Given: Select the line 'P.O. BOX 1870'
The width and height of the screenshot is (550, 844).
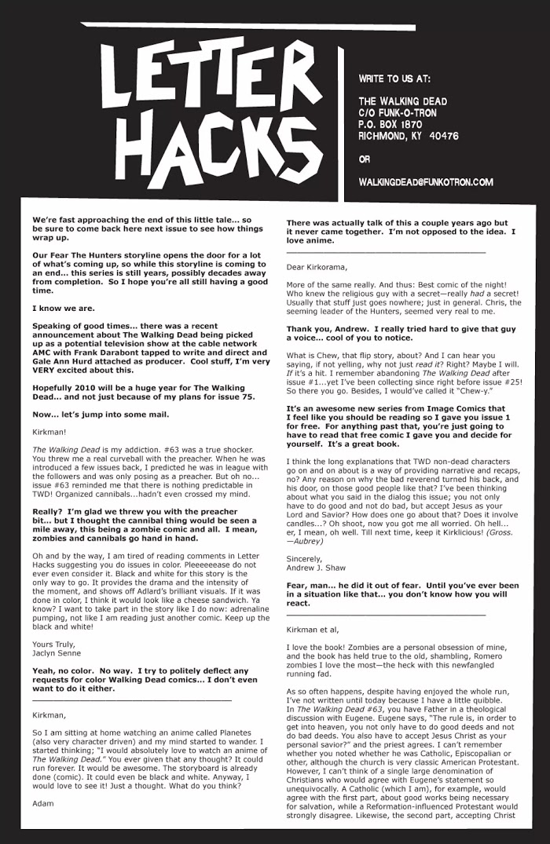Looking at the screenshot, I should pos(390,124).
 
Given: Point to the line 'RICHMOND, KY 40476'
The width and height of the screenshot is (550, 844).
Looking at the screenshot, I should pos(408,136).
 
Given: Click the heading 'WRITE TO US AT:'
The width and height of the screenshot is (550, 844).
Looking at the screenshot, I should pos(394,79).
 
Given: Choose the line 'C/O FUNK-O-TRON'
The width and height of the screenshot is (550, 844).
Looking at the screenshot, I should pos(398,113).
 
